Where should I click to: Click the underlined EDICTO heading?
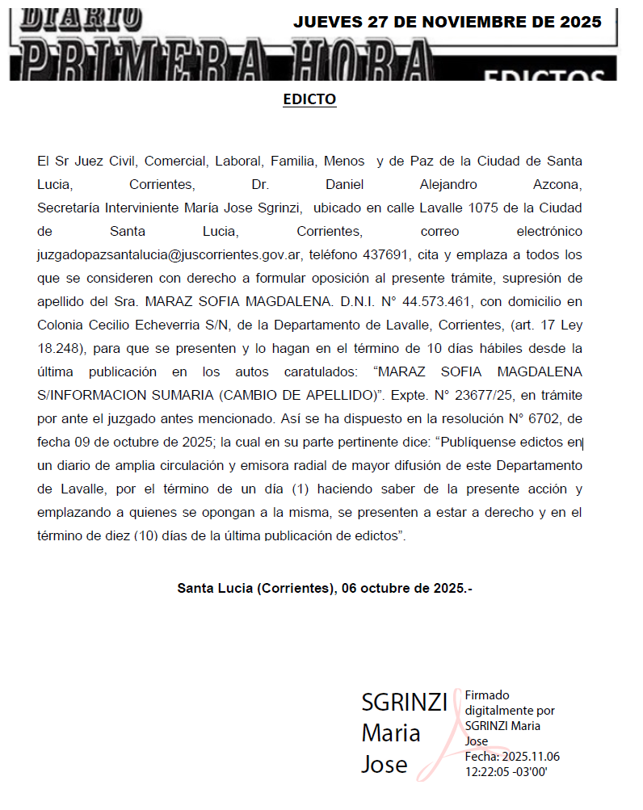pyautogui.click(x=309, y=99)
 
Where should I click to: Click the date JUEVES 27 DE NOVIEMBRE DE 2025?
pyautogui.click(x=447, y=22)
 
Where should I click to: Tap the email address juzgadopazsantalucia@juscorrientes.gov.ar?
pyautogui.click(x=170, y=254)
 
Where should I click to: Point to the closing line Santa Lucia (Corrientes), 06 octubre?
pyautogui.click(x=324, y=588)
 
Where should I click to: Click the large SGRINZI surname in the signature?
pyautogui.click(x=404, y=703)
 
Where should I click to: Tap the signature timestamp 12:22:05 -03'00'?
pyautogui.click(x=506, y=771)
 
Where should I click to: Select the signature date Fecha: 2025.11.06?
pyautogui.click(x=512, y=757)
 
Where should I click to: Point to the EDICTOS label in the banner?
pyautogui.click(x=544, y=76)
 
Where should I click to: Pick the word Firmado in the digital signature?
pyautogui.click(x=487, y=695)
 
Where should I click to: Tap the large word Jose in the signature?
pyautogui.click(x=384, y=763)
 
